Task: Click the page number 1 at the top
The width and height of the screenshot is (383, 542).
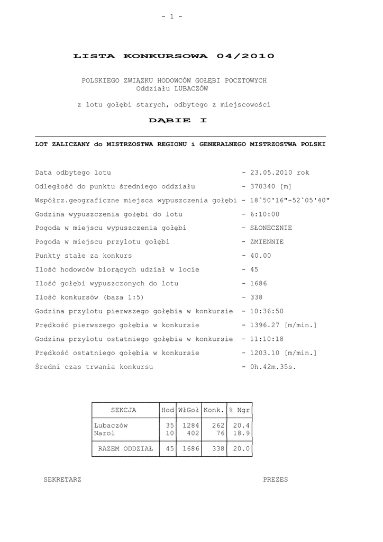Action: [172, 17]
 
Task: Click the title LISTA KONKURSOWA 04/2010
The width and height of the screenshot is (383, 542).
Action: [174, 56]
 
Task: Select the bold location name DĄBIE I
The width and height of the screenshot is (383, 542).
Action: [178, 120]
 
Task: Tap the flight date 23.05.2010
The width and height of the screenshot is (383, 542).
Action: [271, 173]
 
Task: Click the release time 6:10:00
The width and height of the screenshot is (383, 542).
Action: [265, 214]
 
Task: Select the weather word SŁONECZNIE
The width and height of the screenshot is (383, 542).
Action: [271, 228]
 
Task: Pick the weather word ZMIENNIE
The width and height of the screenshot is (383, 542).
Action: [267, 242]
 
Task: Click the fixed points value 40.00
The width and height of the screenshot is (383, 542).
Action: [260, 256]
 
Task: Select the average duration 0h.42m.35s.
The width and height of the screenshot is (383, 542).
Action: [273, 366]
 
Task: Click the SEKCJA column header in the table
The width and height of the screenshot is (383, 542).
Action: [124, 410]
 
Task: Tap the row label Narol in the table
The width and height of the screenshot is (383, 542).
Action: [105, 433]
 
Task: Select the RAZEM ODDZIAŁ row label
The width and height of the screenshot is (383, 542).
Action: [125, 449]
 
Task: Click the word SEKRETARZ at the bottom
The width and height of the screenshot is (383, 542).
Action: [62, 480]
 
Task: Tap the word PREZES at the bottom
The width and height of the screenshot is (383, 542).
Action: [276, 480]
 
